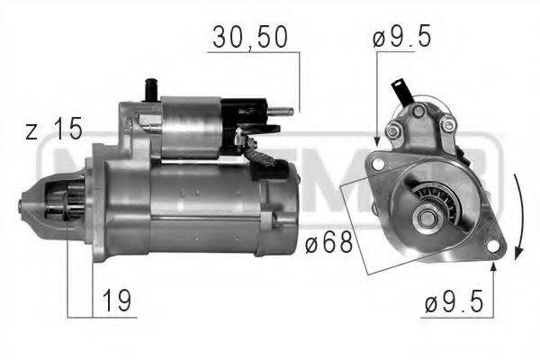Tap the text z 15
coord(54,130)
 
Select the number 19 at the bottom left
coord(115,301)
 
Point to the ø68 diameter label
coord(324,244)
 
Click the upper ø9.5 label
coord(402,38)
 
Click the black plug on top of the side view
coord(148,91)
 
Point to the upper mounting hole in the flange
coord(379,164)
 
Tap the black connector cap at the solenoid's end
coord(247,115)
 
